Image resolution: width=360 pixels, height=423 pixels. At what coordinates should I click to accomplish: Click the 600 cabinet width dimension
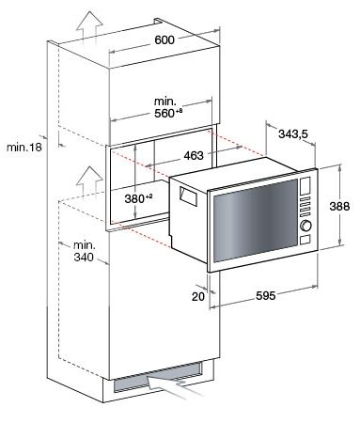(x=164, y=40)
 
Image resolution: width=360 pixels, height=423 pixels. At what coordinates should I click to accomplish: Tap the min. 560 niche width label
(x=168, y=107)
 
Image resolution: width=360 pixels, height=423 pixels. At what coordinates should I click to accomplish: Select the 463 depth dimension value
(x=194, y=155)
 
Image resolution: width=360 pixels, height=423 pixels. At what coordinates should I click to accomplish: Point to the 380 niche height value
(x=138, y=198)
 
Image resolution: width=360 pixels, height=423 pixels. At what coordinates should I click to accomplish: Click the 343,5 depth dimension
(x=293, y=134)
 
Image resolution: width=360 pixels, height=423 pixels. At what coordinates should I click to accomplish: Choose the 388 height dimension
(x=339, y=206)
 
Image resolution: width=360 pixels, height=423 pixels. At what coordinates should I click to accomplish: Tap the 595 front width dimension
(x=266, y=295)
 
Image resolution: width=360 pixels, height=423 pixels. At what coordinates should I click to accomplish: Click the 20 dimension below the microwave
(x=198, y=296)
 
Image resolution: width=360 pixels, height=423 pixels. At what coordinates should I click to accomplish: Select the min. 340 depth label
(x=84, y=251)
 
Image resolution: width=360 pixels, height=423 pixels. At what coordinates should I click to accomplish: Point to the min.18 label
(x=24, y=147)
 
